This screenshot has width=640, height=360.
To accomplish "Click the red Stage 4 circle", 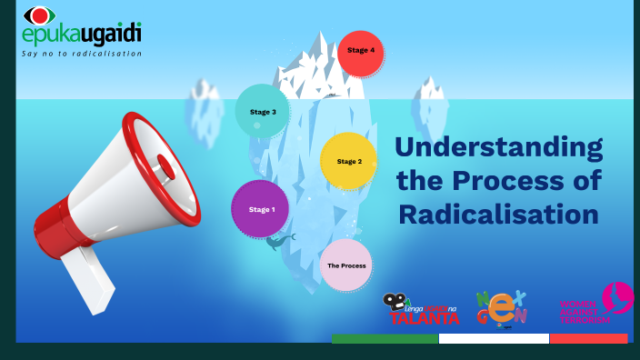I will click(360, 53).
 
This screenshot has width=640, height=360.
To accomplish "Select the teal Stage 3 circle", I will click(262, 112).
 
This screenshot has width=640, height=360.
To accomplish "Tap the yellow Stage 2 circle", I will click(348, 161).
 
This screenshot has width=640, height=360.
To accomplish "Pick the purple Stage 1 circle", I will click(260, 208).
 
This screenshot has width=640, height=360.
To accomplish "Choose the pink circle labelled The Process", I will click(345, 265).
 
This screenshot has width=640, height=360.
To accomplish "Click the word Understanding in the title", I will click(499, 147).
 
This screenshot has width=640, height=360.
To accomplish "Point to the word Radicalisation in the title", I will click(499, 215).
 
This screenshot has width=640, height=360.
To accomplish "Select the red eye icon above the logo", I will click(39, 15).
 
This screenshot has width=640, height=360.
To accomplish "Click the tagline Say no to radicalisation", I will click(82, 54).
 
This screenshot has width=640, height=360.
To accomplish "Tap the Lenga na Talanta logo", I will click(421, 309).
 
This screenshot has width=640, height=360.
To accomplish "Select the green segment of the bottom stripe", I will click(385, 338).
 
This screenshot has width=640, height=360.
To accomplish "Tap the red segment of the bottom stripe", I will click(588, 338).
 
